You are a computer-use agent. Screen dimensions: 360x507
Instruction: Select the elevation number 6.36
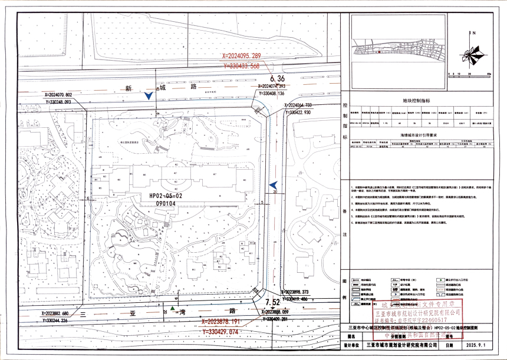coord(277,78)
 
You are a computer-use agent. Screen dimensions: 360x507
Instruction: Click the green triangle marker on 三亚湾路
coord(172,308)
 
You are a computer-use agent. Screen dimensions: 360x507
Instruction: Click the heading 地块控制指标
coord(416,101)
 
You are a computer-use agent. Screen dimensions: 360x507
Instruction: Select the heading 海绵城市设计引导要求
coord(416,135)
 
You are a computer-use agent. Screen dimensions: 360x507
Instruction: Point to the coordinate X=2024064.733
coord(307,105)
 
